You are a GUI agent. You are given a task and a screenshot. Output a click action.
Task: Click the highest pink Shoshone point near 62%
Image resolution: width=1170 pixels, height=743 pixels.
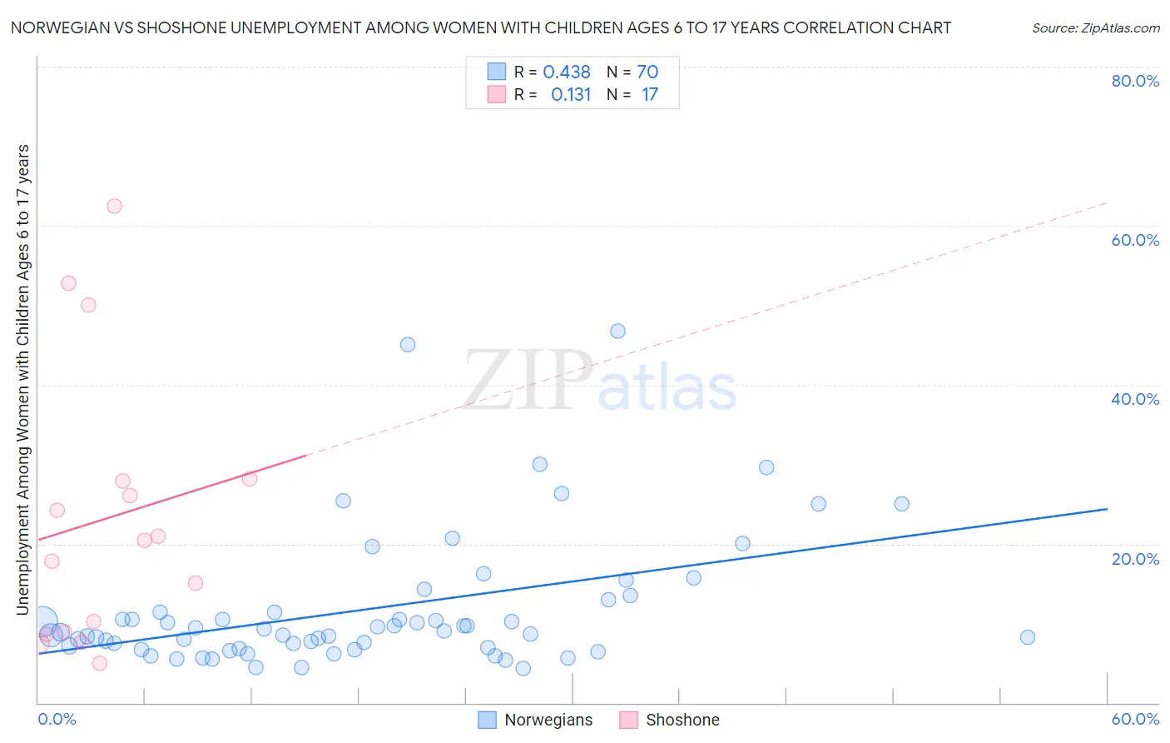point(114,206)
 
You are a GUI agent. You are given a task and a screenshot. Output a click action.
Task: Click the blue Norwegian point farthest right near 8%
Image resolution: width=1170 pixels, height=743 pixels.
point(1027,637)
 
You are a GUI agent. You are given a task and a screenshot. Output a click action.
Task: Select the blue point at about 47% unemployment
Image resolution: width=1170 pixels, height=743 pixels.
point(617,331)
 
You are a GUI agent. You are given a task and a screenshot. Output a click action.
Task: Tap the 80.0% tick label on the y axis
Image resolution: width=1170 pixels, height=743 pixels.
point(1135,81)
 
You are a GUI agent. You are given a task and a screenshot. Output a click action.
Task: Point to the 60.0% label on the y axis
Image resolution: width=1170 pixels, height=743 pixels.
point(1135,240)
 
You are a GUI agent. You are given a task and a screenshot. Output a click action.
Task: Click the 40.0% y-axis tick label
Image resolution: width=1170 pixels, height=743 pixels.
point(1135,399)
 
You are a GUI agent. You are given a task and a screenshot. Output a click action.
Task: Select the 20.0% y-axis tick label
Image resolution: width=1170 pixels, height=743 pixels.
point(1135,559)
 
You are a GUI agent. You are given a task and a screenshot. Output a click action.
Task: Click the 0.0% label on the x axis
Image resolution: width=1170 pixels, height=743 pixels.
point(57,719)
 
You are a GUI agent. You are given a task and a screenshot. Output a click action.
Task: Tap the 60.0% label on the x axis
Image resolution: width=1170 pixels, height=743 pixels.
point(1135,719)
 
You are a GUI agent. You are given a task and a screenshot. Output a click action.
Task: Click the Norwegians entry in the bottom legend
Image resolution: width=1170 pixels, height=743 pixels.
point(548,720)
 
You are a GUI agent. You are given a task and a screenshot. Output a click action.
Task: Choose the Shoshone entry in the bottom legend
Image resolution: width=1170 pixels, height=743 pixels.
point(682,720)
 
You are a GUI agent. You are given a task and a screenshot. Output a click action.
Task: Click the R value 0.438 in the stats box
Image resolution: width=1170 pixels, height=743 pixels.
point(567,72)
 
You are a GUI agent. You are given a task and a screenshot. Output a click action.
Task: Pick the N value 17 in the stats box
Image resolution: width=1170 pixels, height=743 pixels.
point(649,95)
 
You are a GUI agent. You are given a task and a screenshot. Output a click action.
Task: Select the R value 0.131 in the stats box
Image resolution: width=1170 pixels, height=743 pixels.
point(570,95)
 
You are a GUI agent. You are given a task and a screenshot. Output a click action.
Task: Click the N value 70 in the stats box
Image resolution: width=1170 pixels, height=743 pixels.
point(647,72)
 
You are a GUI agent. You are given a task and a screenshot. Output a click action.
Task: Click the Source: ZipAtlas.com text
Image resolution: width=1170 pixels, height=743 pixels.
point(1095,27)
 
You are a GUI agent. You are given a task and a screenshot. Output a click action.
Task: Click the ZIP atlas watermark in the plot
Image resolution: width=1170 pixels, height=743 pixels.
point(600,381)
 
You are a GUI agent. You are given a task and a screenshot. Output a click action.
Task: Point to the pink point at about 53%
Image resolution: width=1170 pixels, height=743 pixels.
point(68,283)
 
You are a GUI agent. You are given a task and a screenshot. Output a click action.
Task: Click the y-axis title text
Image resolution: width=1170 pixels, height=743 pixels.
point(22,379)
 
